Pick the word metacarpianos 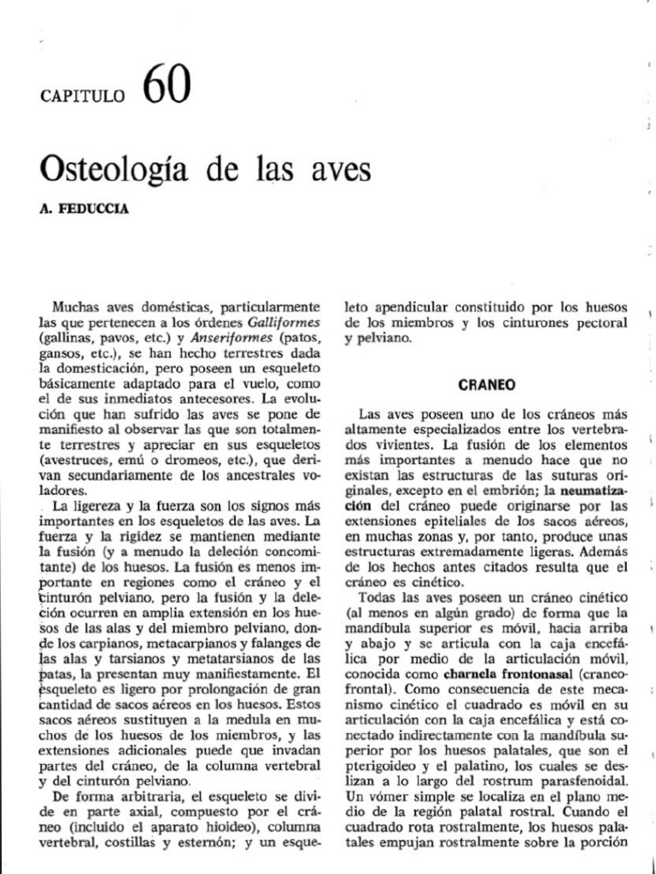click(166, 644)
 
